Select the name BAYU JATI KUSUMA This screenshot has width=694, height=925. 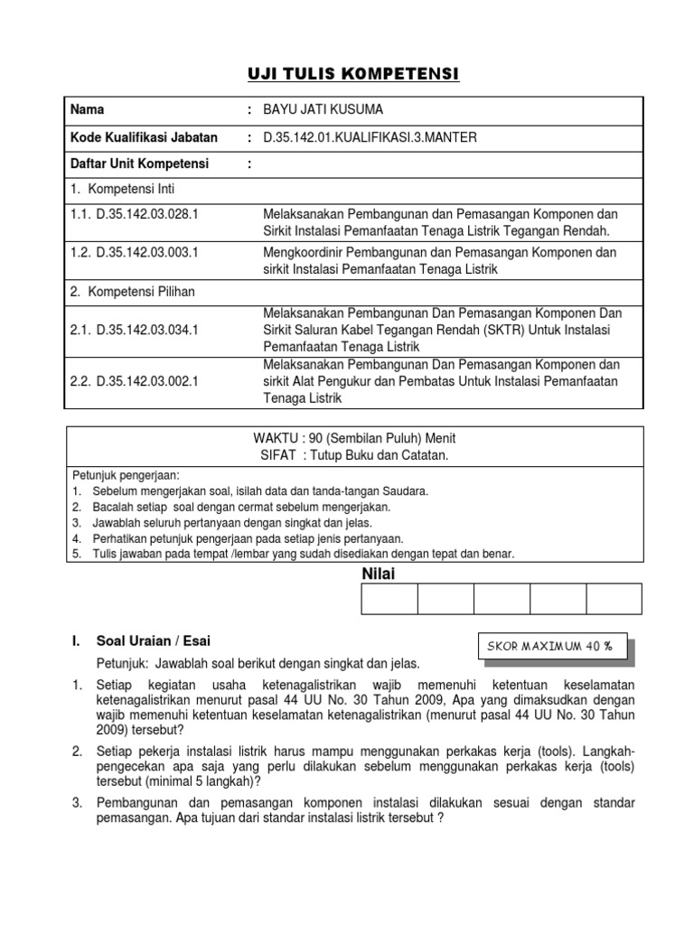coord(323,110)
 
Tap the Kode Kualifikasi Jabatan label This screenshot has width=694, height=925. coord(144,137)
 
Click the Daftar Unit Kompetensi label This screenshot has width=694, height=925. coord(139,164)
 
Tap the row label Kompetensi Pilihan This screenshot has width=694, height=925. coord(132,291)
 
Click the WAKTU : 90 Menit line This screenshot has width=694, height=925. coord(354,438)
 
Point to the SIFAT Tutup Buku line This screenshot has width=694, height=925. coord(354,454)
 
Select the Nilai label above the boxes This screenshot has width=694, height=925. coord(379,575)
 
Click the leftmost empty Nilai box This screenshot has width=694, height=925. coord(389,599)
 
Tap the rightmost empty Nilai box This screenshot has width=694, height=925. coord(614,599)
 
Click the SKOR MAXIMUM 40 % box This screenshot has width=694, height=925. coord(549,647)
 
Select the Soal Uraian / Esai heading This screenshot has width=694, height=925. coord(153,641)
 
